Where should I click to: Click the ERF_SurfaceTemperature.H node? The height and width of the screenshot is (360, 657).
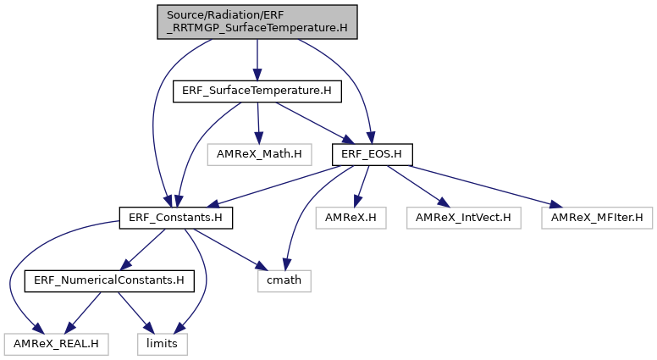(257, 91)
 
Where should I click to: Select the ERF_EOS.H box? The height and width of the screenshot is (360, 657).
(372, 155)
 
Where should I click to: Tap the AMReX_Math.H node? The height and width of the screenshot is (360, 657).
(259, 155)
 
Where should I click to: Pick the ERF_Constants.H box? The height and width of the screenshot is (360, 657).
(175, 218)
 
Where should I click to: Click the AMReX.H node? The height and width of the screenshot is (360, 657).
(351, 218)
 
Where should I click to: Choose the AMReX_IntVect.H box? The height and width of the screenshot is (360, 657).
(463, 218)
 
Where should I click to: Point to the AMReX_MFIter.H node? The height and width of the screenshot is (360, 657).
(597, 218)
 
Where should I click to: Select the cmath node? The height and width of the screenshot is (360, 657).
(284, 280)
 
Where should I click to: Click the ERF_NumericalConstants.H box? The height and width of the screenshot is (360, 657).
(109, 280)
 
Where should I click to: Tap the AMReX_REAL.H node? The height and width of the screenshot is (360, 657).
(56, 344)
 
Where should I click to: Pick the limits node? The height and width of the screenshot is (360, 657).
(163, 344)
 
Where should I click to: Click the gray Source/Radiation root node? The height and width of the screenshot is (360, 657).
(257, 22)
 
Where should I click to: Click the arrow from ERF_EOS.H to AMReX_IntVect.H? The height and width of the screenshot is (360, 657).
(418, 186)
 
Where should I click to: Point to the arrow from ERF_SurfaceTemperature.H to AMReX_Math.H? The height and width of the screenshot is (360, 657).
(258, 123)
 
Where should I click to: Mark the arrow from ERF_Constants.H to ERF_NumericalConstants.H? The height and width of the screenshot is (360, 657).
(142, 249)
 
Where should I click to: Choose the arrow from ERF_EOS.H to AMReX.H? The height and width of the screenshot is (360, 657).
(362, 186)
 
